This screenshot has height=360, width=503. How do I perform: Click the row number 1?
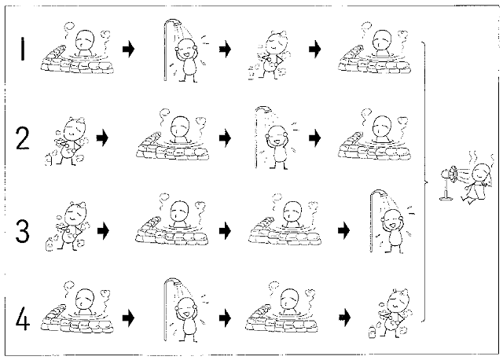(x=23, y=49)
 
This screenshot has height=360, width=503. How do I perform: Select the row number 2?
(x=23, y=138)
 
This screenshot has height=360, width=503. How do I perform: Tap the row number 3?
(x=23, y=230)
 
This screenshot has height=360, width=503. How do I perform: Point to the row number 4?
(x=23, y=318)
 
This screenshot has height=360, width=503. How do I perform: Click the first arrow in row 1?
(x=129, y=50)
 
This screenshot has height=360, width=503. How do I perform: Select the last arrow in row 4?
(x=344, y=318)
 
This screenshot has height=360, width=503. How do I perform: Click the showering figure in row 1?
(x=185, y=50)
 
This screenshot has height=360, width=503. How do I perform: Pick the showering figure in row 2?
(x=277, y=138)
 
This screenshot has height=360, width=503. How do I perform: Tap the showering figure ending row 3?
(x=392, y=222)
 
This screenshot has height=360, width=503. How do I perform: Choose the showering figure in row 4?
(x=185, y=310)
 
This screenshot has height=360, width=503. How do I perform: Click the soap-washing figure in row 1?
(x=270, y=55)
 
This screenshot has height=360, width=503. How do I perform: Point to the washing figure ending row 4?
(x=391, y=313)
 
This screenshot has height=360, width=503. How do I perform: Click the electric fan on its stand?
(x=449, y=182)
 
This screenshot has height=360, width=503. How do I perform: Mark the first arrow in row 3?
(x=103, y=230)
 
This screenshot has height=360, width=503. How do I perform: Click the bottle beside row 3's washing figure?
(x=50, y=244)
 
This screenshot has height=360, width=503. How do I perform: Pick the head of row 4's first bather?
(x=85, y=299)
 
